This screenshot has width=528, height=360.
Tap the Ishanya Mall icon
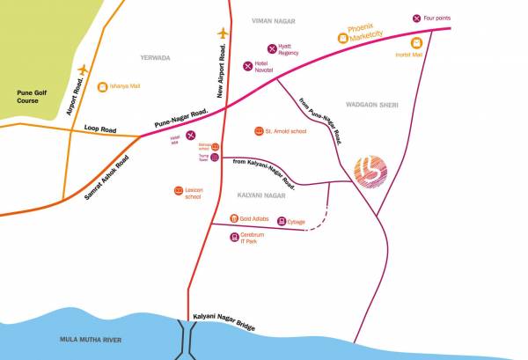coord(102,86)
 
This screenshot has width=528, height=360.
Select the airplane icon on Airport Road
coord(84,70)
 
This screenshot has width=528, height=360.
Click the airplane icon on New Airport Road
coord(222,34)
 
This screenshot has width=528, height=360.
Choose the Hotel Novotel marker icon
coord(247,65)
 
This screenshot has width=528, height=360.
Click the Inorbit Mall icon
coord(415,42)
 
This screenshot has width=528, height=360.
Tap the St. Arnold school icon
coord(259,132)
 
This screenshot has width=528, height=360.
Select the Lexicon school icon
coord(179,189)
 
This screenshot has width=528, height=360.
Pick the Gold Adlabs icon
coord(233,218)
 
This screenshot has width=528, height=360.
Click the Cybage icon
coord(282,221)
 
